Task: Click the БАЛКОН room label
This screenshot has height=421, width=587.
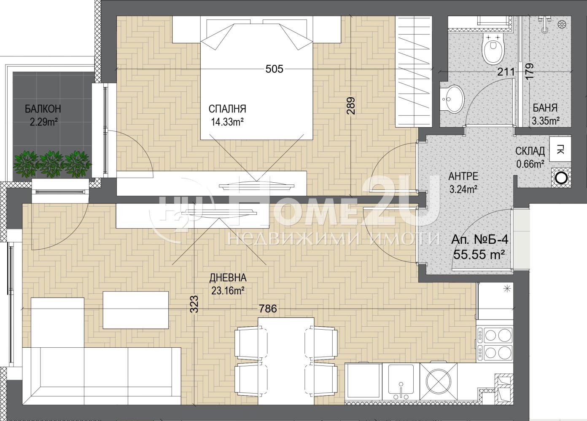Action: [43, 109]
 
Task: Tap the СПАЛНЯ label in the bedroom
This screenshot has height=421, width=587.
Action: [227, 109]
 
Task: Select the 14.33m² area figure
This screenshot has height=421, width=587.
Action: [228, 122]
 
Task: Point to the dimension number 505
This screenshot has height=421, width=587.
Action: [275, 69]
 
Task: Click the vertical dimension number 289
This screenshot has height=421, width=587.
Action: [351, 106]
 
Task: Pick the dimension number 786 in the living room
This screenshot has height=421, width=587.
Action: [268, 309]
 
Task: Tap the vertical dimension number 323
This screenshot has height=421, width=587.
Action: [194, 304]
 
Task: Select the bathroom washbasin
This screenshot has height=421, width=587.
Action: [452, 99]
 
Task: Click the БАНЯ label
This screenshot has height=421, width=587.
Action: [545, 108]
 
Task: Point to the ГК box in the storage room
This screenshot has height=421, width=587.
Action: [560, 149]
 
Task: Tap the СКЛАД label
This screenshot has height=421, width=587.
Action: [530, 151]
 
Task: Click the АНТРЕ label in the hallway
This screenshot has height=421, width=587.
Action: [463, 176]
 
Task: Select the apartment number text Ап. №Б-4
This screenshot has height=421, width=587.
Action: [479, 240]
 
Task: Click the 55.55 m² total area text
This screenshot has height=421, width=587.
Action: [479, 254]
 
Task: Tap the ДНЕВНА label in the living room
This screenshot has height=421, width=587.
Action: [228, 277]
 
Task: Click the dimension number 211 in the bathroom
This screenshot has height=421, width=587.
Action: [506, 72]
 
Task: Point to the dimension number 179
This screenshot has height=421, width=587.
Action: [529, 71]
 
